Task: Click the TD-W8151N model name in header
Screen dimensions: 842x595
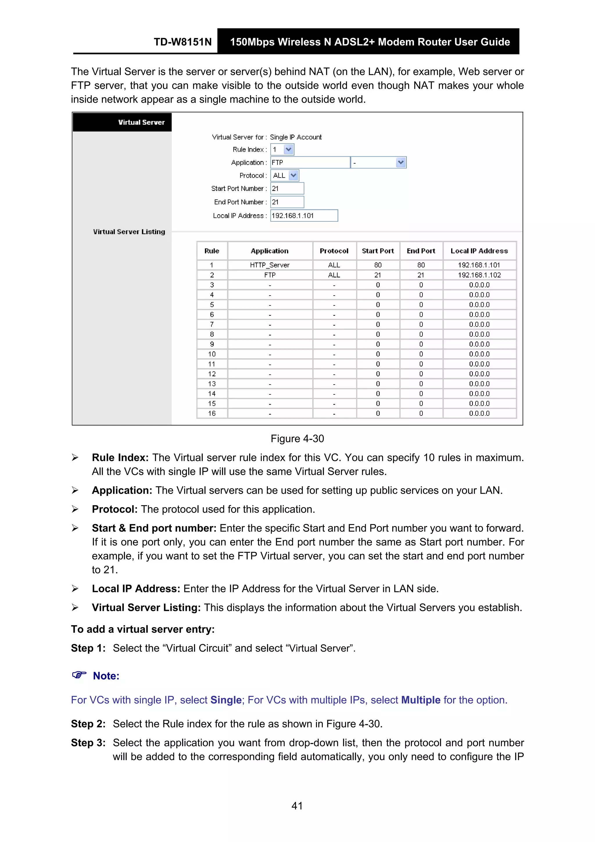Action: click(182, 42)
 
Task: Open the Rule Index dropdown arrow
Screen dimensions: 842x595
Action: click(288, 150)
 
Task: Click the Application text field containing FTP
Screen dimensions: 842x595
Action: click(310, 162)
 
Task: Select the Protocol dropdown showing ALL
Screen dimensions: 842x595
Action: click(285, 176)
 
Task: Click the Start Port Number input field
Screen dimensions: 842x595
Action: click(287, 189)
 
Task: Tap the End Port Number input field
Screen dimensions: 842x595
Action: click(287, 202)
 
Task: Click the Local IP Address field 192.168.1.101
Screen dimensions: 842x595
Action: click(304, 216)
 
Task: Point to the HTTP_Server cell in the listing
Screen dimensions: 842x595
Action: click(270, 265)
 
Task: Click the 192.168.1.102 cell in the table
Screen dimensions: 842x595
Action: click(479, 275)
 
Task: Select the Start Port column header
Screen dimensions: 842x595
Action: click(378, 251)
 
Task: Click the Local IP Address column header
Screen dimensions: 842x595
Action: click(479, 251)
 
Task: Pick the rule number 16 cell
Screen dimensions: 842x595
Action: click(212, 413)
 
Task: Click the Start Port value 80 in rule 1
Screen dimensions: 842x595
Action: click(378, 265)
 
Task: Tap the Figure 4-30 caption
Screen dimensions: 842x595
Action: click(297, 439)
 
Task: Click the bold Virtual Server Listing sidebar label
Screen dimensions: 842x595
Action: click(129, 232)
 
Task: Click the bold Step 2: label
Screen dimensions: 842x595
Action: click(88, 723)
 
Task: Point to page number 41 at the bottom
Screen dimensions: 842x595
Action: click(297, 806)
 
